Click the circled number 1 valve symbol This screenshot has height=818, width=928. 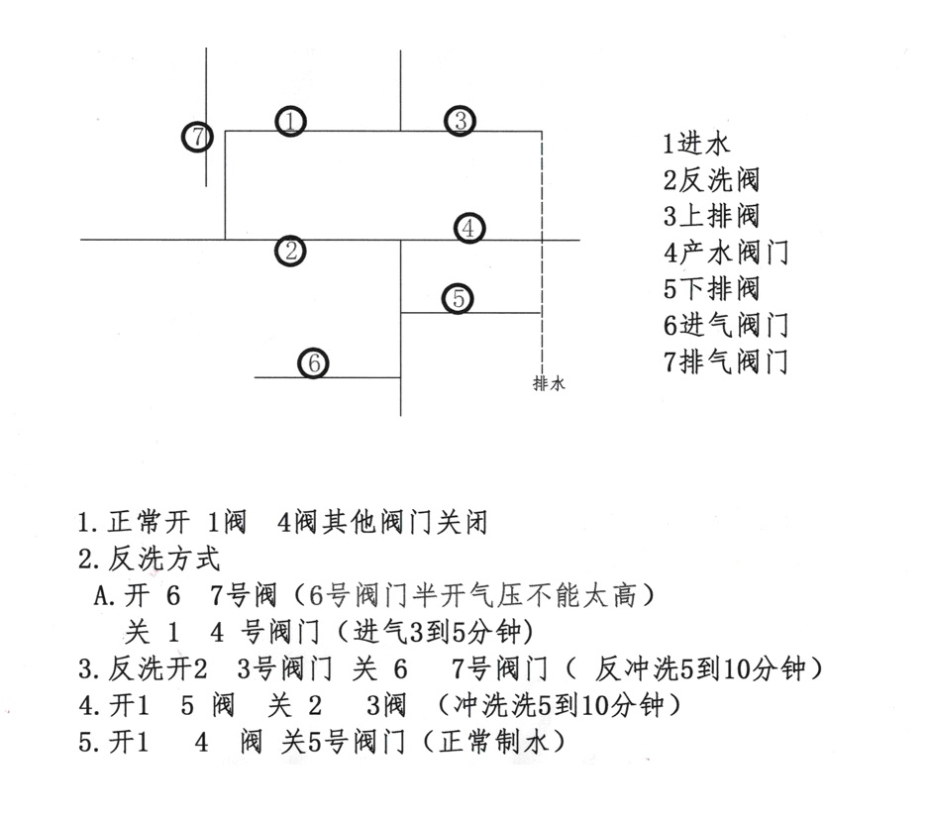click(290, 122)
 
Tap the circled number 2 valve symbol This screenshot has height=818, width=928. click(290, 251)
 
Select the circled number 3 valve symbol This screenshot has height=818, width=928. click(461, 121)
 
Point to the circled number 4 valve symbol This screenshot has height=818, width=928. click(469, 228)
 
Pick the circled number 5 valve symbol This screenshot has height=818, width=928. click(459, 298)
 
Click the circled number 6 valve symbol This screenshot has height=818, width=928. click(314, 362)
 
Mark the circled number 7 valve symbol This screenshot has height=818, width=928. click(197, 138)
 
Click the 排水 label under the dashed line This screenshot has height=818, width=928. click(549, 383)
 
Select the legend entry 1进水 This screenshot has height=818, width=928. click(696, 144)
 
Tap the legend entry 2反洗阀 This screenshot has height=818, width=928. click(711, 179)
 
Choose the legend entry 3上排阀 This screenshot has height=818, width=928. click(711, 216)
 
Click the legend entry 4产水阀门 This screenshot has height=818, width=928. click(726, 253)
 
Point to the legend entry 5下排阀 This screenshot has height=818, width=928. click(711, 289)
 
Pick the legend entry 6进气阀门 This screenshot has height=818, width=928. click(726, 326)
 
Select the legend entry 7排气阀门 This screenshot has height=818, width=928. click(726, 361)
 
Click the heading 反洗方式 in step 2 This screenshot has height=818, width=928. click(164, 560)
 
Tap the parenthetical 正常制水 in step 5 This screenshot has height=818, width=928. click(495, 742)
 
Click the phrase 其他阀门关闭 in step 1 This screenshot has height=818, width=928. click(405, 523)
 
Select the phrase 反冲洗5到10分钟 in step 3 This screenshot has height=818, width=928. click(700, 668)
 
